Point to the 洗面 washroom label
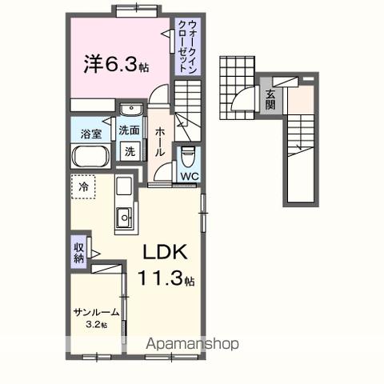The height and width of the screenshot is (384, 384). (x=129, y=130)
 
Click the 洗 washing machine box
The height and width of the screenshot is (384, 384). (x=129, y=150)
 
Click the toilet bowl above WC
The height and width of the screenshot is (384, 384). (x=189, y=154)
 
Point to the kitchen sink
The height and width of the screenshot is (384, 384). (x=126, y=217)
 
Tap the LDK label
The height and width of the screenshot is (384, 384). (x=165, y=252)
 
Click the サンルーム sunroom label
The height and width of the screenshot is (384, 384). (x=96, y=313)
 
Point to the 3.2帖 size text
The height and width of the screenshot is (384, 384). (x=96, y=325)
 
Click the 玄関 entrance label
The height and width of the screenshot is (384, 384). (x=271, y=99)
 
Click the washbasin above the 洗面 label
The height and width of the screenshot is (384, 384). (x=129, y=111)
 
